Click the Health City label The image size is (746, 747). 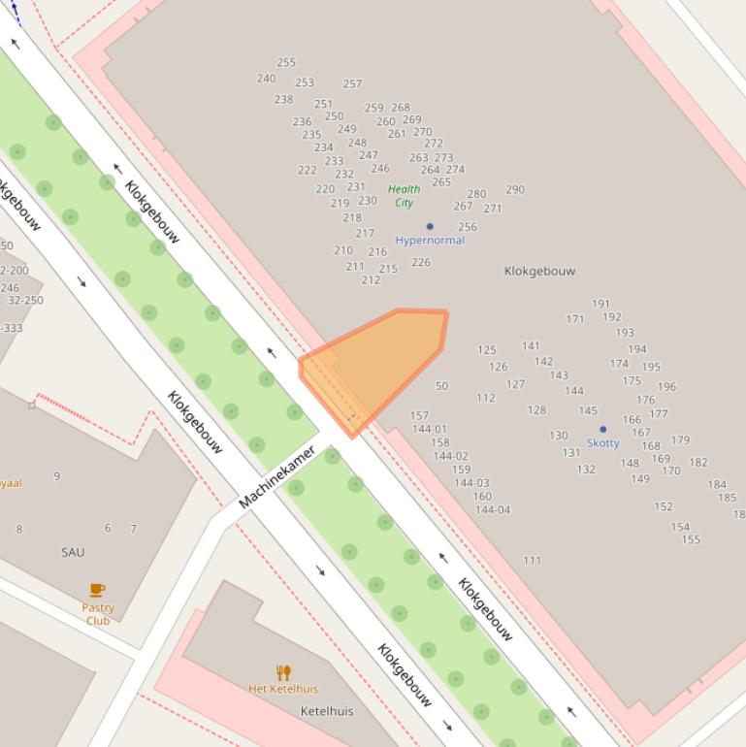point(404,196)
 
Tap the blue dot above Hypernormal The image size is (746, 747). point(430,226)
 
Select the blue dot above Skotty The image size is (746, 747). point(602,429)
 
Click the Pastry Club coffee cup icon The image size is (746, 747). point(97,590)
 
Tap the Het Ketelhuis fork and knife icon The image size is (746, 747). point(283,672)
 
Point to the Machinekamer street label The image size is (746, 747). point(277,477)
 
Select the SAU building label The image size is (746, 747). point(73,552)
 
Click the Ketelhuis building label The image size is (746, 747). point(327,711)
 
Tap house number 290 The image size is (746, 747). point(515,189)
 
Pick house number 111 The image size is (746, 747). point(532,560)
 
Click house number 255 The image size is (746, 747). point(285,62)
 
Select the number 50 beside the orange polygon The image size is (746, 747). point(441,386)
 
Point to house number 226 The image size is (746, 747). point(420,262)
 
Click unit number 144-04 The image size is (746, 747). point(493,509)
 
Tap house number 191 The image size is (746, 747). point(600,304)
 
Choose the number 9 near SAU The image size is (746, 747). point(57,475)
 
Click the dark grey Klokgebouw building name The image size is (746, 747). point(540,272)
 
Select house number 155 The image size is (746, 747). point(690,539)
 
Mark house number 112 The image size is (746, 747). point(486,398)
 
